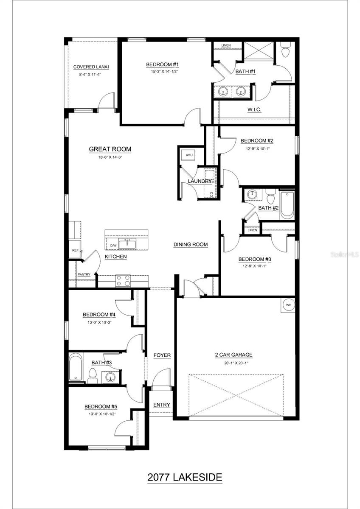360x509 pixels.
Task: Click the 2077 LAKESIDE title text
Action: coord(185,477)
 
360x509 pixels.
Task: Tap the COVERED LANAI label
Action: coord(91,67)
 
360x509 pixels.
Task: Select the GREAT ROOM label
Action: coord(110,149)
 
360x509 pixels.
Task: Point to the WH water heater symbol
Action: coord(287,305)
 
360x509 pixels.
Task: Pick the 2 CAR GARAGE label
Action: coord(233,355)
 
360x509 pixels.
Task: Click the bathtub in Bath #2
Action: coord(287,204)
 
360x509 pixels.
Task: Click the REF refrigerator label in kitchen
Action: coord(75,251)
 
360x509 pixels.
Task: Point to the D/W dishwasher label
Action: coord(113,246)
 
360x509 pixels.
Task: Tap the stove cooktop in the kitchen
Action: coord(123,280)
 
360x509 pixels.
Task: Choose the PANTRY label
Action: coord(84,274)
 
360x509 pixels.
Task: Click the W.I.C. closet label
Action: coord(254,110)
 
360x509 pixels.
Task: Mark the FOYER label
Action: coord(162,355)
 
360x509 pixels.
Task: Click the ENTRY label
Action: coord(161,405)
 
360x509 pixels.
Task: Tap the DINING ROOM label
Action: coord(191,244)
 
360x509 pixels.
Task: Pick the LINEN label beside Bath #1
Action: coord(226,45)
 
